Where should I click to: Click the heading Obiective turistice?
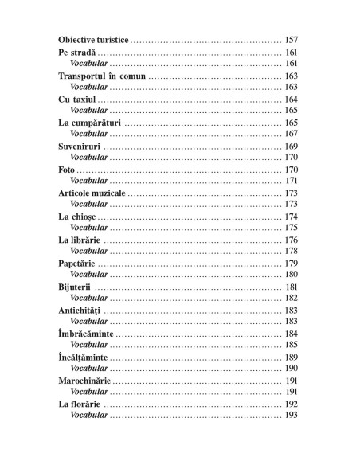click(x=93, y=39)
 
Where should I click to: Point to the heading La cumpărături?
click(x=90, y=123)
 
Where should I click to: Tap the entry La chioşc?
click(x=77, y=217)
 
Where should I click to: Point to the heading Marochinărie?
click(x=86, y=381)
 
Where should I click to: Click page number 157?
click(x=291, y=39)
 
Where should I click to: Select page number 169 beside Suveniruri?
click(x=291, y=147)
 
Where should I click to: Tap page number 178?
click(x=291, y=251)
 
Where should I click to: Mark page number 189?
click(x=291, y=358)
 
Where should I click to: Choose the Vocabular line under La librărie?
click(x=88, y=251)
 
